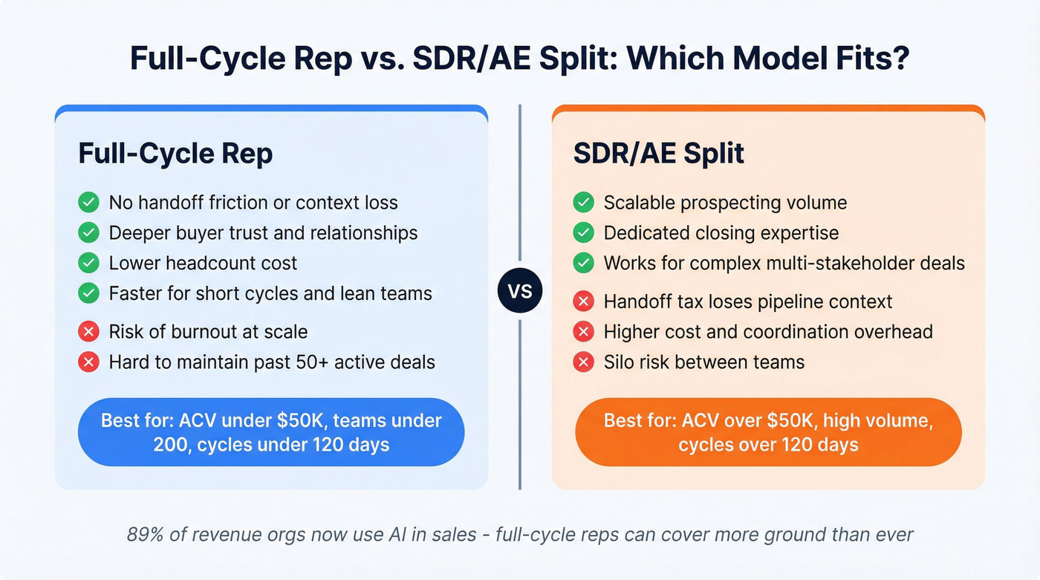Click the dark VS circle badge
pos(520,290)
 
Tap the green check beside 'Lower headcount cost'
pos(89,263)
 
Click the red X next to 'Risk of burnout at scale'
pos(89,332)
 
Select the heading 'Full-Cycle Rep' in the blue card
pos(175,154)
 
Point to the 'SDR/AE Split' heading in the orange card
pos(659,154)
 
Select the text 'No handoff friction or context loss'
pos(253,202)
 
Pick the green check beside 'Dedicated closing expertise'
pos(584,232)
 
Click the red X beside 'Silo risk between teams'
pos(584,362)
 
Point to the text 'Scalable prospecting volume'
pos(725,202)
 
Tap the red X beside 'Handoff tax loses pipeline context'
pos(584,302)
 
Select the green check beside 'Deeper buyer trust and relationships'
pos(89,232)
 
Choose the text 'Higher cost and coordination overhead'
pos(768,331)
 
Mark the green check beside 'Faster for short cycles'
pos(89,293)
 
